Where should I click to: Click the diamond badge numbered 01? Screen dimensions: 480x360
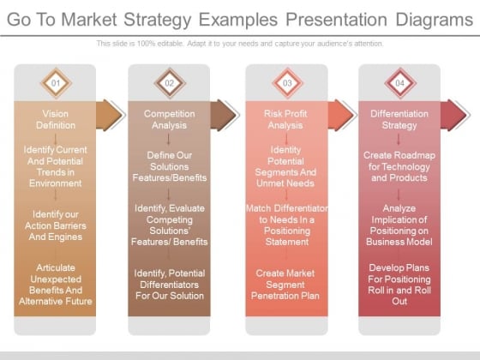tap(56, 83)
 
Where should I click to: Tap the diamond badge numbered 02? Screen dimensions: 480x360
tap(170, 83)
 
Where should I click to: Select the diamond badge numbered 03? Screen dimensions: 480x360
tap(287, 83)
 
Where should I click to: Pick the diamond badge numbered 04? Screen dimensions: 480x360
tap(399, 83)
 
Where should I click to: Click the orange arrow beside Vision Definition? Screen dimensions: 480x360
tap(110, 115)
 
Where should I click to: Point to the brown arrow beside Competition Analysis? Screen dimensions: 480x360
tap(224, 115)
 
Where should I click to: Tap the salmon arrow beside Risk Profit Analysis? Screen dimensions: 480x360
tap(341, 115)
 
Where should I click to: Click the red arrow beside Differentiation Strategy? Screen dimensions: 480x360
tap(454, 115)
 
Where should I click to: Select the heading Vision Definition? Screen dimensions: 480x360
tap(56, 119)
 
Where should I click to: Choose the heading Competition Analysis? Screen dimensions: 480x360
tap(170, 119)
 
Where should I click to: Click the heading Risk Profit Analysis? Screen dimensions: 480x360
tap(285, 119)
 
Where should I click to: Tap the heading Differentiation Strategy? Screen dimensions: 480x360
tap(399, 119)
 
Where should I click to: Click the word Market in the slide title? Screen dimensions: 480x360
tap(89, 20)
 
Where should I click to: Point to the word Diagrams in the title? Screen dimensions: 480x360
tap(435, 20)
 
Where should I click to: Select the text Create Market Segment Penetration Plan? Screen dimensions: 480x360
tap(285, 285)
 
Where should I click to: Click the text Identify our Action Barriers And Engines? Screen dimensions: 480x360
tap(56, 225)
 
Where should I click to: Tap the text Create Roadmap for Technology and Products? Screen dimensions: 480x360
tap(399, 166)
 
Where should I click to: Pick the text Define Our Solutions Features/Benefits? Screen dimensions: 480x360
tap(170, 166)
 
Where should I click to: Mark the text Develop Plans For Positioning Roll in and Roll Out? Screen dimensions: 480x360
tap(399, 285)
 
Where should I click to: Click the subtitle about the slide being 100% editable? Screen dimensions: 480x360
tap(240, 44)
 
